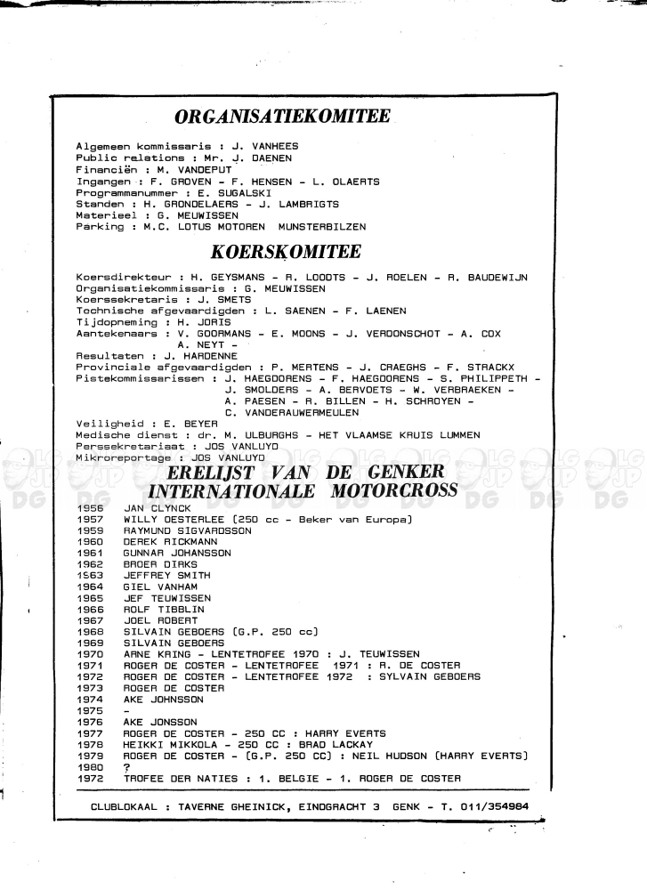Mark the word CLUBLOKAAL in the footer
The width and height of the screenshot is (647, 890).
127,757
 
